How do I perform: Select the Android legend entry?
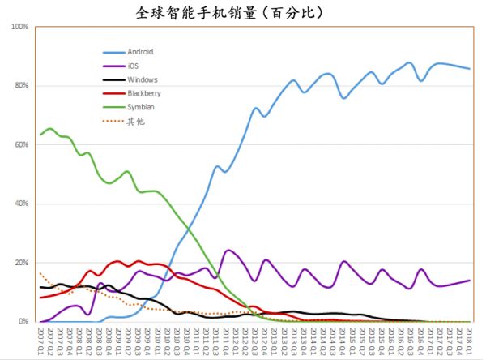140,51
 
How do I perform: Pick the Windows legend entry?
142,79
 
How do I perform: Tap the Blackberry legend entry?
144,93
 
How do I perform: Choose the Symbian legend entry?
141,107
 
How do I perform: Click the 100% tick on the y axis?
20,27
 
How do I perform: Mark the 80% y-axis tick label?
22,86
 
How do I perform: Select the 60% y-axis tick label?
22,145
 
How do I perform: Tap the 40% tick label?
22,204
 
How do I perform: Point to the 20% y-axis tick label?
22,264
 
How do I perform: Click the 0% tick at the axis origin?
24,322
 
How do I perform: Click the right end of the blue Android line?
469,69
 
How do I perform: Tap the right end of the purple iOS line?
469,281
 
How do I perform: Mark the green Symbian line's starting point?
40,134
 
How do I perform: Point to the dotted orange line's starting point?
40,273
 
